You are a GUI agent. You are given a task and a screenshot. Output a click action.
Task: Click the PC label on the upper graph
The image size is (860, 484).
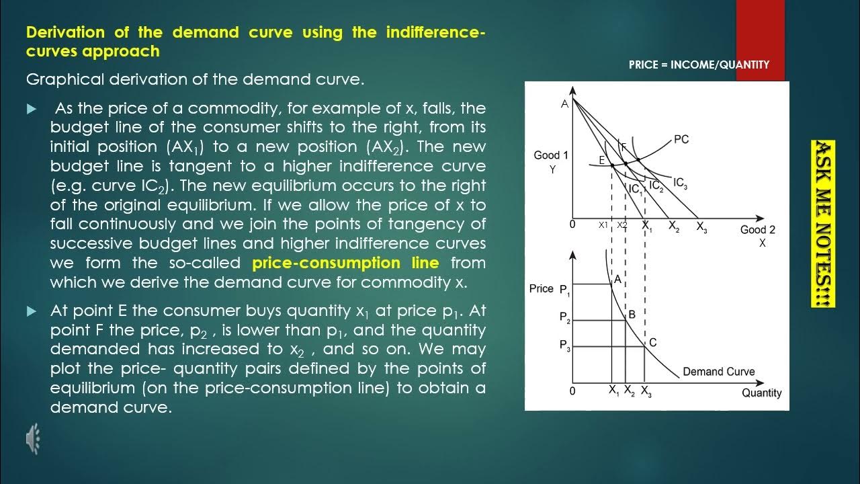click(681, 140)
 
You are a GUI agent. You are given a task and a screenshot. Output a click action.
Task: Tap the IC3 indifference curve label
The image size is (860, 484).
click(680, 183)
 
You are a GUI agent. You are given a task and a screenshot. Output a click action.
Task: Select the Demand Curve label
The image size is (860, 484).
click(718, 372)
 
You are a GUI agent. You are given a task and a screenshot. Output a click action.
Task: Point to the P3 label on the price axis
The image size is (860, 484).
click(564, 345)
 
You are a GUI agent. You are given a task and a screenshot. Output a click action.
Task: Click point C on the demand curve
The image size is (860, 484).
click(652, 343)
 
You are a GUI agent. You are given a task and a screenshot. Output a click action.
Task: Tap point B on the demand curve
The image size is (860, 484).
click(632, 314)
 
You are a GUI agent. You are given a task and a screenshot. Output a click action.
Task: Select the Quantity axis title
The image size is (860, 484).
click(761, 393)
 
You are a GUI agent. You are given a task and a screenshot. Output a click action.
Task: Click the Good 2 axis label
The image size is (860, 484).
click(757, 230)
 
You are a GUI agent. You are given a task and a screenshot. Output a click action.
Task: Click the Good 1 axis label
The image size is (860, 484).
click(551, 155)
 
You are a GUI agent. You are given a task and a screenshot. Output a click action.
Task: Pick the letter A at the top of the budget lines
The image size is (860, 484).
click(564, 104)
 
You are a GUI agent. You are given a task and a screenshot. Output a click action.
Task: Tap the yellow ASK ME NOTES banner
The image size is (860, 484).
click(824, 225)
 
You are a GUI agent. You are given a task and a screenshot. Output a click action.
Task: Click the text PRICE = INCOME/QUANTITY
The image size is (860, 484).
click(699, 65)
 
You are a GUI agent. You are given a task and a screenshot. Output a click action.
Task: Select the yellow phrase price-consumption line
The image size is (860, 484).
click(345, 263)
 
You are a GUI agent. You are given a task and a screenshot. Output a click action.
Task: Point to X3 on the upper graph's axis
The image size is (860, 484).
click(701, 227)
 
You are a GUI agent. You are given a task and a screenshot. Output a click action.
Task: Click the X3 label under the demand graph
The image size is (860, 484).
click(646, 391)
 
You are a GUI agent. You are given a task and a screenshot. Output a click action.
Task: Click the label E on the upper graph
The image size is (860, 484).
click(602, 161)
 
